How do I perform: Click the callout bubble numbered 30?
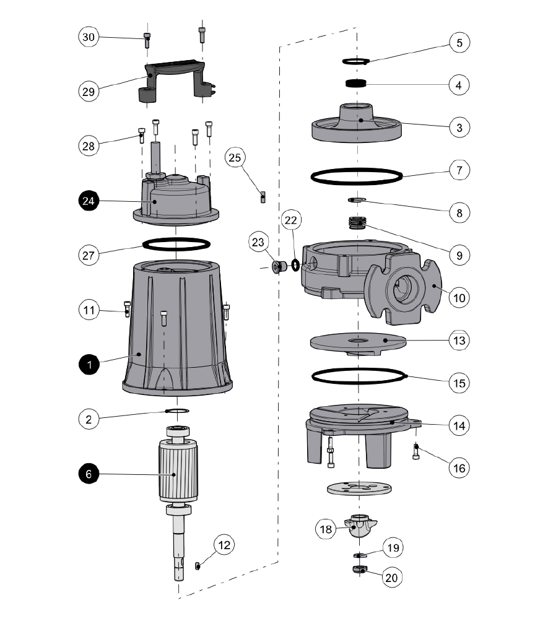coord(89,37)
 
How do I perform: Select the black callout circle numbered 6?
coord(89,474)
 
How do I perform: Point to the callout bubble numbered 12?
coord(225,545)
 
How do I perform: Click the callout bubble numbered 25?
coord(235,158)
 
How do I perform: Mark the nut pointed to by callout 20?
coord(359,569)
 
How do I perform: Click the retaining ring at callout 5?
coord(355,61)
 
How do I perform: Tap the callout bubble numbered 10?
coord(458,298)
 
